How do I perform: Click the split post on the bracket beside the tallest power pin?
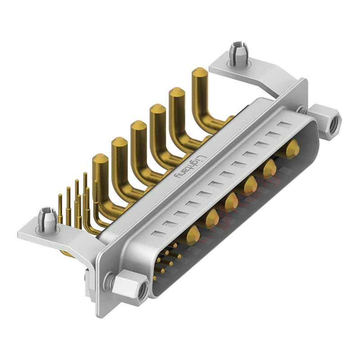(238, 55)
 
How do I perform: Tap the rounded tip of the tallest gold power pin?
(199, 73)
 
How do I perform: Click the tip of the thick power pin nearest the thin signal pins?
(100, 159)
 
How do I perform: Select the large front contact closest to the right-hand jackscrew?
(292, 147)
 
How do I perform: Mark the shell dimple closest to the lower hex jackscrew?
(156, 233)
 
